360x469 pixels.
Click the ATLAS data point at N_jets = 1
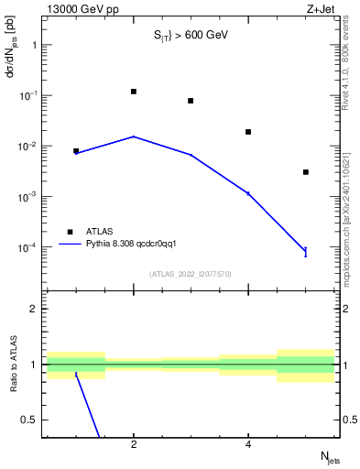click(x=76, y=151)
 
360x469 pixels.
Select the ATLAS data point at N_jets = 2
click(x=134, y=92)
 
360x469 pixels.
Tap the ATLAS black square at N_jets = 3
click(x=191, y=101)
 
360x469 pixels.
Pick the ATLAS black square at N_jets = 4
click(x=248, y=132)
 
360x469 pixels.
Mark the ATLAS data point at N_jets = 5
click(x=305, y=172)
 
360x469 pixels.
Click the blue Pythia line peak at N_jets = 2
click(x=134, y=136)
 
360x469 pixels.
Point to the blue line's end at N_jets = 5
click(x=305, y=251)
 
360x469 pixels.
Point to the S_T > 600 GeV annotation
click(x=191, y=35)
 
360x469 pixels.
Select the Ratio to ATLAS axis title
click(x=13, y=365)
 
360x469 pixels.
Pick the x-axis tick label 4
click(x=248, y=445)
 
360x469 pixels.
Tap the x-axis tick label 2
click(x=134, y=445)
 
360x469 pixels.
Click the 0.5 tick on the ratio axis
click(x=32, y=420)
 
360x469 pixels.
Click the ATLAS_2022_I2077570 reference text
click(x=191, y=273)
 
